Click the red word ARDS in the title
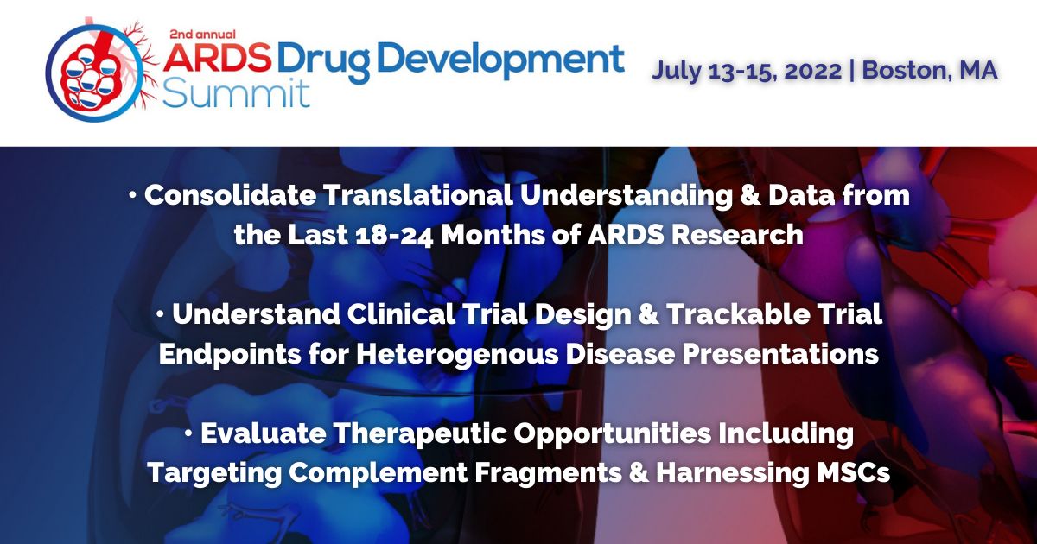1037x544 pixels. coord(217,60)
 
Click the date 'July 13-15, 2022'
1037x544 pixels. coord(745,70)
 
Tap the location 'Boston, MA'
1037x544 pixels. coord(930,70)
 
